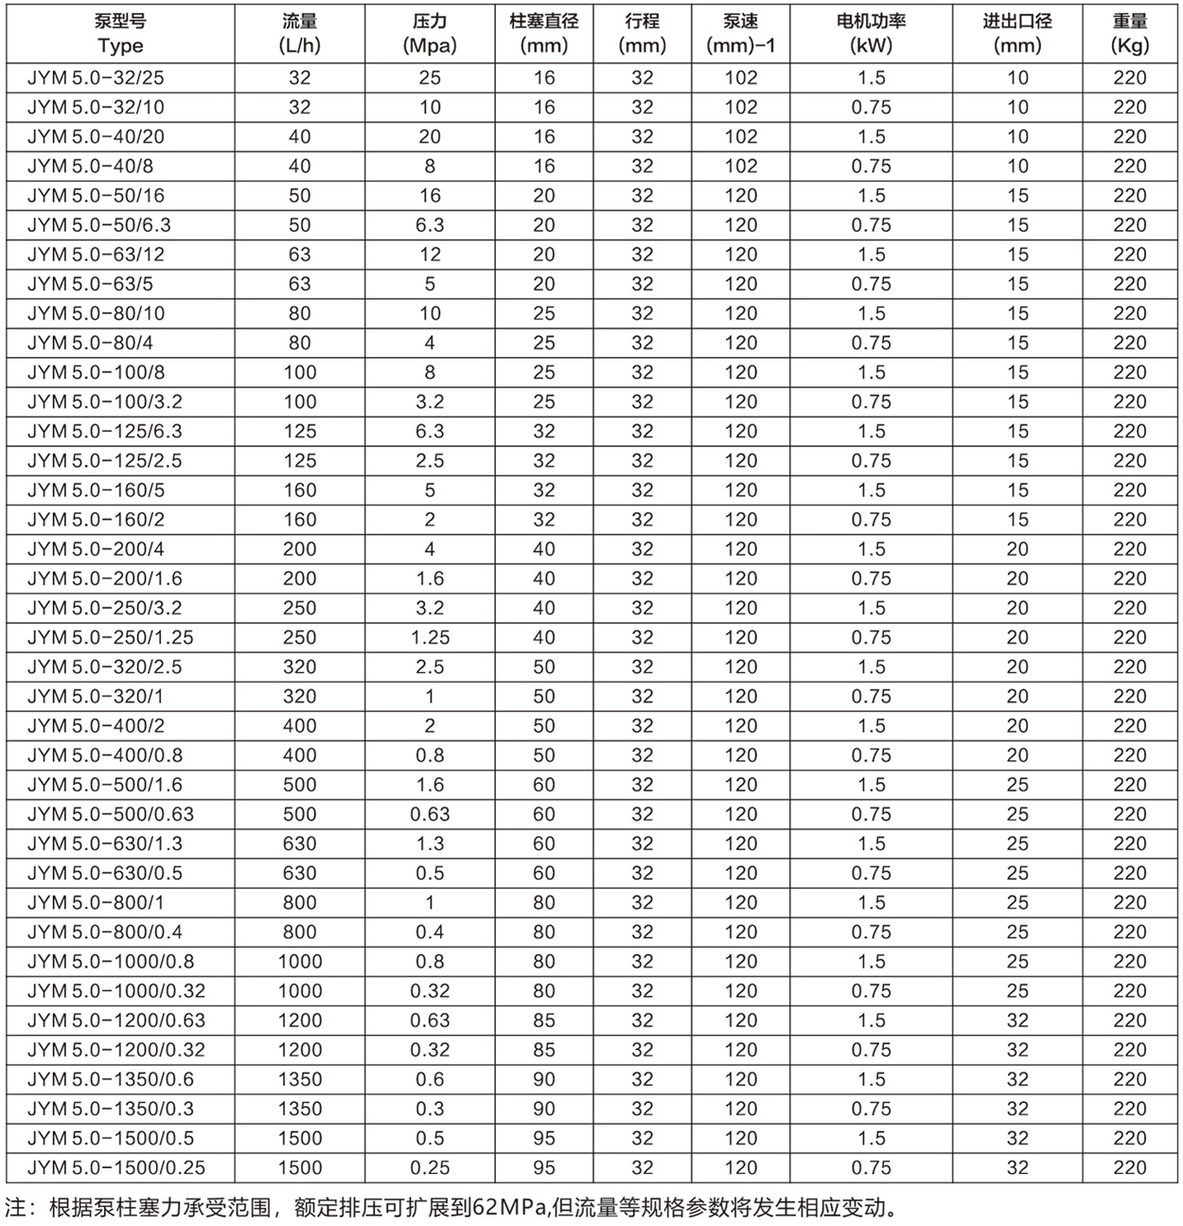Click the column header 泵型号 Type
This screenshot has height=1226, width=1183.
(120, 34)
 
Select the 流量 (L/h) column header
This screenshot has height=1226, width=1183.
(299, 34)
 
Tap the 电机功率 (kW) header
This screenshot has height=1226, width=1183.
(871, 34)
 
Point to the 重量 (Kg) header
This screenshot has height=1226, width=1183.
(1129, 34)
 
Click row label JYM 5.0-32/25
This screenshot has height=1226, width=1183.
(96, 79)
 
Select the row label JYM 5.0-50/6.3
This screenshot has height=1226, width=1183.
(99, 225)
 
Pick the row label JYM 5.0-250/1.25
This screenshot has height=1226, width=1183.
(110, 637)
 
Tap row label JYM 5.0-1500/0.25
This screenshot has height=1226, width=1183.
(115, 1167)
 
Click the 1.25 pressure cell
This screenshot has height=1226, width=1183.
(430, 637)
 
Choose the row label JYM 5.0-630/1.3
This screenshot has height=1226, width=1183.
(104, 844)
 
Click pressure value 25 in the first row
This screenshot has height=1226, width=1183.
(430, 79)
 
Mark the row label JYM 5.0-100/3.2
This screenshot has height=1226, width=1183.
(104, 401)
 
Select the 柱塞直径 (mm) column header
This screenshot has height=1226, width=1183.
(543, 34)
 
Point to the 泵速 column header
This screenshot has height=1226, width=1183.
(740, 34)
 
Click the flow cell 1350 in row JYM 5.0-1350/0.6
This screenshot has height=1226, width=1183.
(299, 1079)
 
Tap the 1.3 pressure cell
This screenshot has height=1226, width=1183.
(430, 844)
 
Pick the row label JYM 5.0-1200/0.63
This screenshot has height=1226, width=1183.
(115, 1021)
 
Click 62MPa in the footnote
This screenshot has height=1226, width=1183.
(510, 1207)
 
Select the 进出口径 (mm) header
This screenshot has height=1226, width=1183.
(1017, 34)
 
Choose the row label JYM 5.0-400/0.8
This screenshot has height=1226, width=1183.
(104, 755)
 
